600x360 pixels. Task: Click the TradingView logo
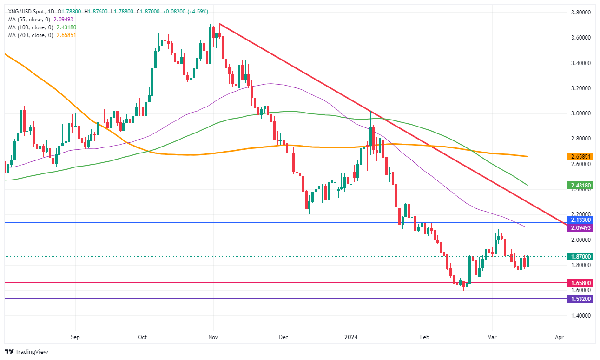pyautogui.click(x=26, y=352)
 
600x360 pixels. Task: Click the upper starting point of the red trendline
pyautogui.click(x=219, y=24)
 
